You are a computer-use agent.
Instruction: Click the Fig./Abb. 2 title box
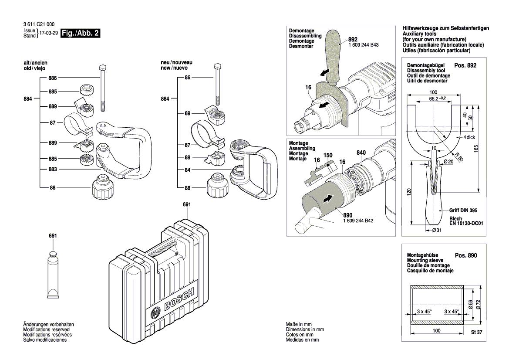click(81, 34)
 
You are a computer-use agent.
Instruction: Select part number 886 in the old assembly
click(53, 78)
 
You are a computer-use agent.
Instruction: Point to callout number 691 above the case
click(187, 204)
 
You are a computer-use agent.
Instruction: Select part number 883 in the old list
click(53, 169)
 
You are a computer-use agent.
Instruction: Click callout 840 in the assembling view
click(361, 153)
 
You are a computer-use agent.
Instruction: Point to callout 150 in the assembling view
click(327, 155)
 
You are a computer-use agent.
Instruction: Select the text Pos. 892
click(465, 65)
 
